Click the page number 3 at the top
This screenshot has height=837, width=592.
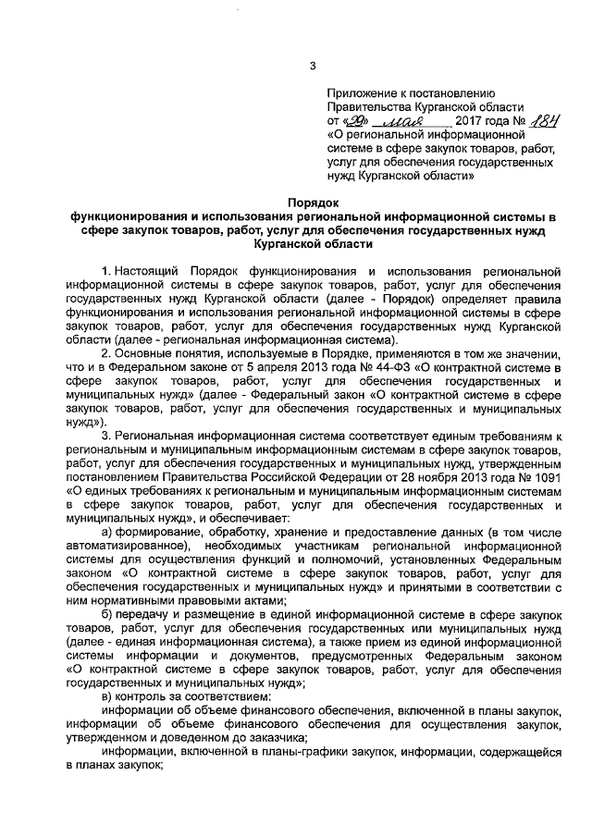313,65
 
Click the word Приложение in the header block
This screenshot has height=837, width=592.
361,92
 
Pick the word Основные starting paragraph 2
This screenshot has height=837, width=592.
150,351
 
